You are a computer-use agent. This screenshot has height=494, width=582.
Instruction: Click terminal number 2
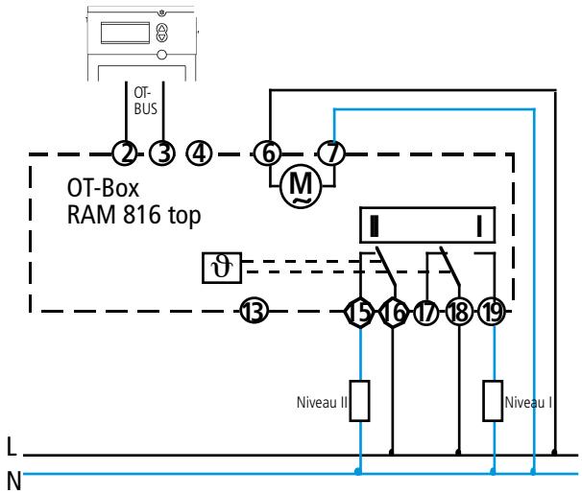click(x=125, y=152)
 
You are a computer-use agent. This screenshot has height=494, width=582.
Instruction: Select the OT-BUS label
click(x=143, y=103)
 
